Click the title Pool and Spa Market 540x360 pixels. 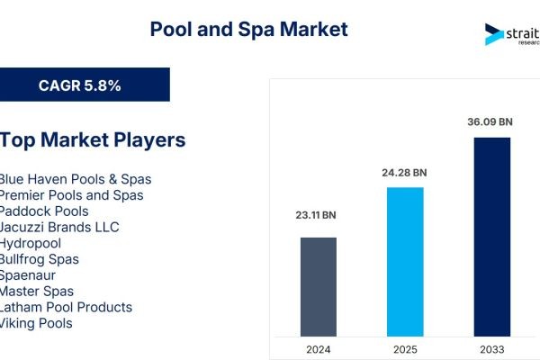pyautogui.click(x=248, y=29)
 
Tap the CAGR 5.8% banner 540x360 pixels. pyautogui.click(x=80, y=85)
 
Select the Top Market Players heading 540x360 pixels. pyautogui.click(x=93, y=139)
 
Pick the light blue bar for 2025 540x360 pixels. pyautogui.click(x=405, y=260)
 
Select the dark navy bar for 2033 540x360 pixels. pyautogui.click(x=492, y=235)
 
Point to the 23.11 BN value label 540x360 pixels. pyautogui.click(x=318, y=216)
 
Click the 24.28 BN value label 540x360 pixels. pyautogui.click(x=405, y=172)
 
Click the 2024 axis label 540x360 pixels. pyautogui.click(x=318, y=348)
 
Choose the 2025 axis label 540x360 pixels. pyautogui.click(x=405, y=348)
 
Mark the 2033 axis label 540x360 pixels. pyautogui.click(x=492, y=348)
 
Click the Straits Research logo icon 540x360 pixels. pyautogui.click(x=494, y=34)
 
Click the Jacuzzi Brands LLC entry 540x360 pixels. pyautogui.click(x=59, y=227)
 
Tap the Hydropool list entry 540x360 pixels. pyautogui.click(x=32, y=243)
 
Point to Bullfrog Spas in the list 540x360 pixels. pyautogui.click(x=40, y=259)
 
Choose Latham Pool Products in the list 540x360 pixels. pyautogui.click(x=66, y=307)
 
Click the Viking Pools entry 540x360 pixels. pyautogui.click(x=36, y=323)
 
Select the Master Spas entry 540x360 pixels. pyautogui.click(x=37, y=292)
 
